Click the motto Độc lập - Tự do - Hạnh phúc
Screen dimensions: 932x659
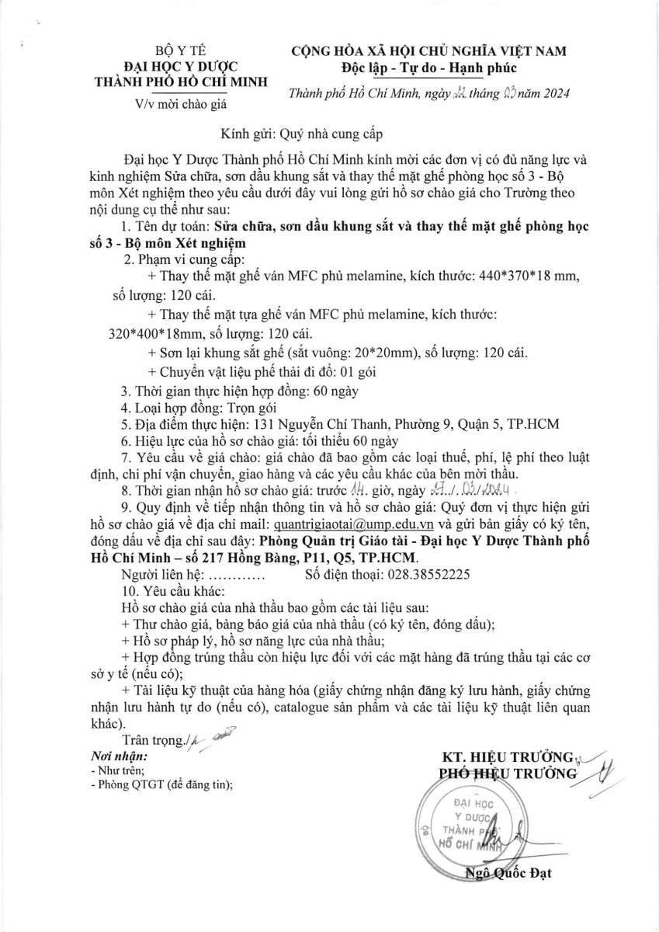[x=428, y=68]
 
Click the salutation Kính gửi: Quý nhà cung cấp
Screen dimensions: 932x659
[x=291, y=133]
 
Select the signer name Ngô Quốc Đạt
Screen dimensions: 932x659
[x=508, y=874]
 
